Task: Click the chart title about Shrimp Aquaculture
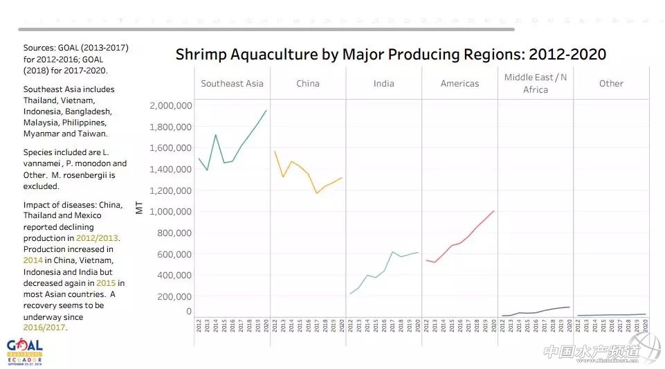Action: pos(390,55)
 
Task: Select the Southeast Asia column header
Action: pos(232,84)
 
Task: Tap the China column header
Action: pos(308,84)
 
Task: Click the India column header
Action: pos(383,84)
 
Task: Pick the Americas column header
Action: pos(459,84)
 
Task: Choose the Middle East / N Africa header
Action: pos(535,83)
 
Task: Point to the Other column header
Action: pos(611,84)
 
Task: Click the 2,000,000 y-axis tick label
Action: pos(170,106)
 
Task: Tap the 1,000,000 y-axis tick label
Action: pos(170,212)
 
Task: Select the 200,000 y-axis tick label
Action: pos(173,296)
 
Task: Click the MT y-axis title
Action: pos(140,207)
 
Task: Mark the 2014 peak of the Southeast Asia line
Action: pos(215,135)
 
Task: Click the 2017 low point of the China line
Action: pos(316,193)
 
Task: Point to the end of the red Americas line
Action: pos(493,211)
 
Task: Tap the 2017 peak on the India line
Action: pos(392,252)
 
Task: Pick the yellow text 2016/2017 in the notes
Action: pos(44,327)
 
